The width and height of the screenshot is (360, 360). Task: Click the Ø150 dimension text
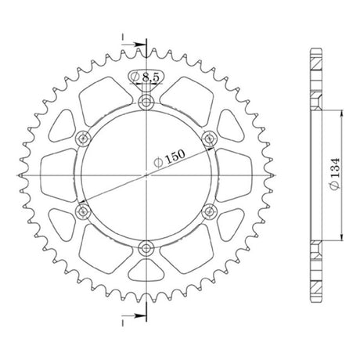[169, 158]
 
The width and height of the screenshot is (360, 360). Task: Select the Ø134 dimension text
[334, 174]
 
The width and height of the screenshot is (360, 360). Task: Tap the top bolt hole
[146, 103]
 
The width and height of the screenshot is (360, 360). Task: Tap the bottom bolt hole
[146, 248]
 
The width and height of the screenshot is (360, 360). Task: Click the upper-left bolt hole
[83, 139]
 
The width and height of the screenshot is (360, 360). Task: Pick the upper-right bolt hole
[209, 139]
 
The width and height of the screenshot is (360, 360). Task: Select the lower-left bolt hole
[83, 211]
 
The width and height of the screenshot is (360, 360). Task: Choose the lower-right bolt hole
[209, 211]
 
